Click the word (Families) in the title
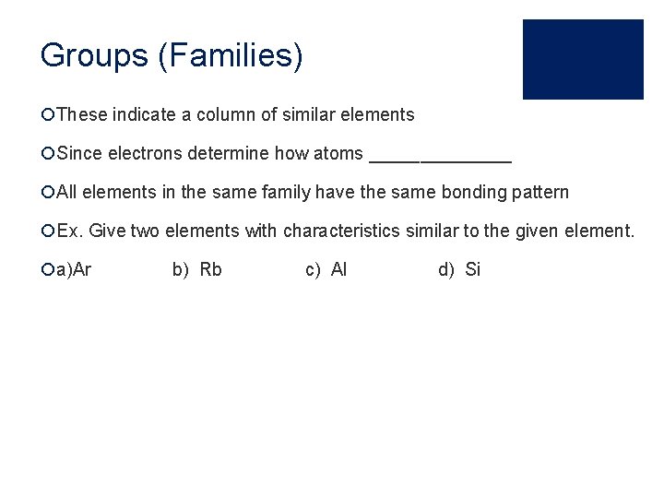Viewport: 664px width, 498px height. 231,55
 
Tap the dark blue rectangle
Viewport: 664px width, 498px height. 583,59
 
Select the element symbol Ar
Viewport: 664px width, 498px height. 81,270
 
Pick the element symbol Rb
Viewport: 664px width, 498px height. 211,270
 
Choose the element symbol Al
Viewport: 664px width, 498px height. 339,270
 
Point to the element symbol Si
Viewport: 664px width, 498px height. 473,270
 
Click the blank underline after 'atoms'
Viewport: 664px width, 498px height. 440,155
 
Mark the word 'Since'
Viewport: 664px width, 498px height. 79,154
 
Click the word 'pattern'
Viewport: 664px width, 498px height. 540,193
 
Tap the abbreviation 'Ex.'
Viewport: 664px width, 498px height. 69,231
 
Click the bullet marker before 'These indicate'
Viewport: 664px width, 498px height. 47,115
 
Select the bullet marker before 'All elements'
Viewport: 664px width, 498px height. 47,193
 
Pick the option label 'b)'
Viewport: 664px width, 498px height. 181,270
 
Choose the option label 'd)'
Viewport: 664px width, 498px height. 446,270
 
